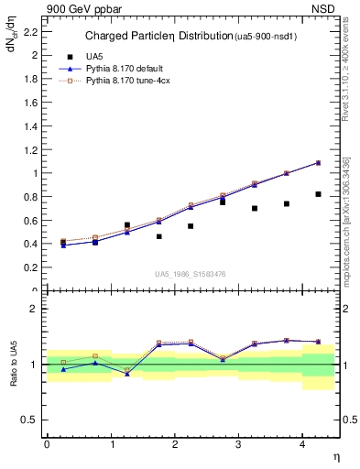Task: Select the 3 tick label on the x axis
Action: tap(237, 444)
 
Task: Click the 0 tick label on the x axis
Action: tap(47, 444)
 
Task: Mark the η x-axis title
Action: tap(334, 457)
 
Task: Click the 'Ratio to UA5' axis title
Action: tap(14, 364)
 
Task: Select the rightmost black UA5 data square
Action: tap(318, 194)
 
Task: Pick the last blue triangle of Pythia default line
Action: tap(318, 162)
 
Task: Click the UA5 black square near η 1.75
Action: tap(158, 236)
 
